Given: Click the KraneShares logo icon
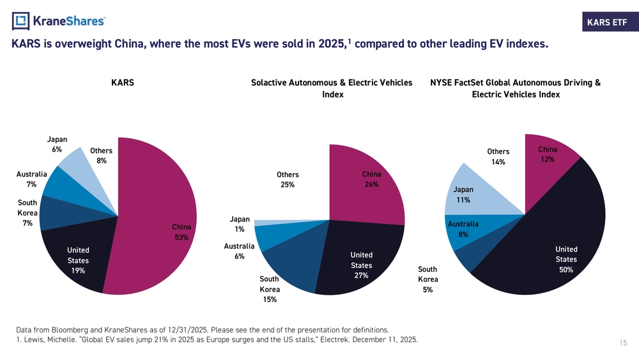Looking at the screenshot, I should click(21, 21).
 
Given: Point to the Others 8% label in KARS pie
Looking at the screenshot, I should click(101, 156).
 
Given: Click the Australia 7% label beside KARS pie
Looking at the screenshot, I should click(31, 179).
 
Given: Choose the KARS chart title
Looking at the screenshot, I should click(122, 83).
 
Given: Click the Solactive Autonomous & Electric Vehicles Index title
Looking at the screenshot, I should click(332, 88).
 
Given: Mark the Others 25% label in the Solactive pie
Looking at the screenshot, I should click(288, 180).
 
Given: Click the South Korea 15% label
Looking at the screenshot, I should click(269, 289).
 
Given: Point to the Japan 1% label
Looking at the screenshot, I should click(240, 224).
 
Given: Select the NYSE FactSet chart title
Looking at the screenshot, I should click(515, 88).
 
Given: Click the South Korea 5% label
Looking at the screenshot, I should click(427, 279).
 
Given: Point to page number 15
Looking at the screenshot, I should click(623, 344).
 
